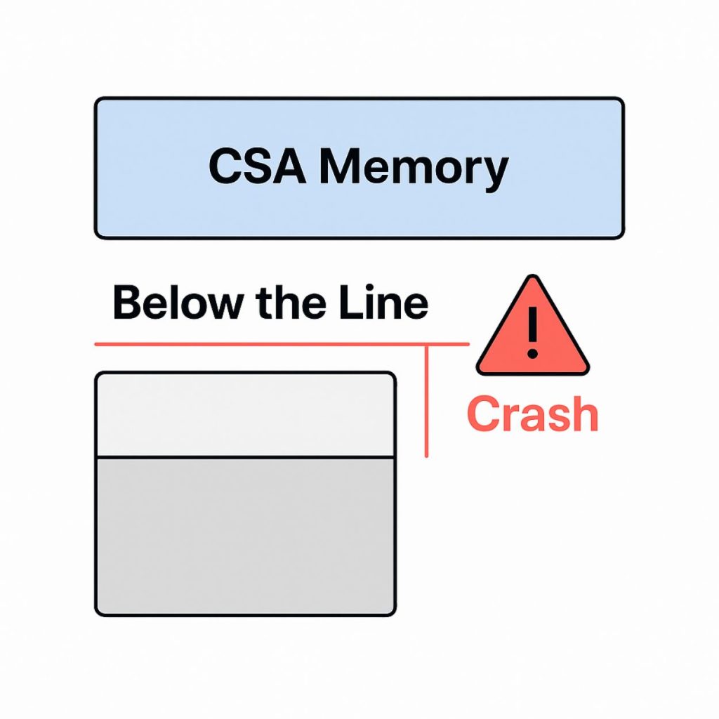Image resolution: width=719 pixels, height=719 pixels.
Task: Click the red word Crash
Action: point(532,414)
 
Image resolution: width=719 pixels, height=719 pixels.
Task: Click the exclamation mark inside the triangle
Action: point(533,330)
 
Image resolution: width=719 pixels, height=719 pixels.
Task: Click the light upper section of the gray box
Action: point(245,415)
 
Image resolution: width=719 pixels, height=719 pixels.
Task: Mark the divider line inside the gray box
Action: point(245,457)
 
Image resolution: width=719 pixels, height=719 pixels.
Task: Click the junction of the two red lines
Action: point(427,345)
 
